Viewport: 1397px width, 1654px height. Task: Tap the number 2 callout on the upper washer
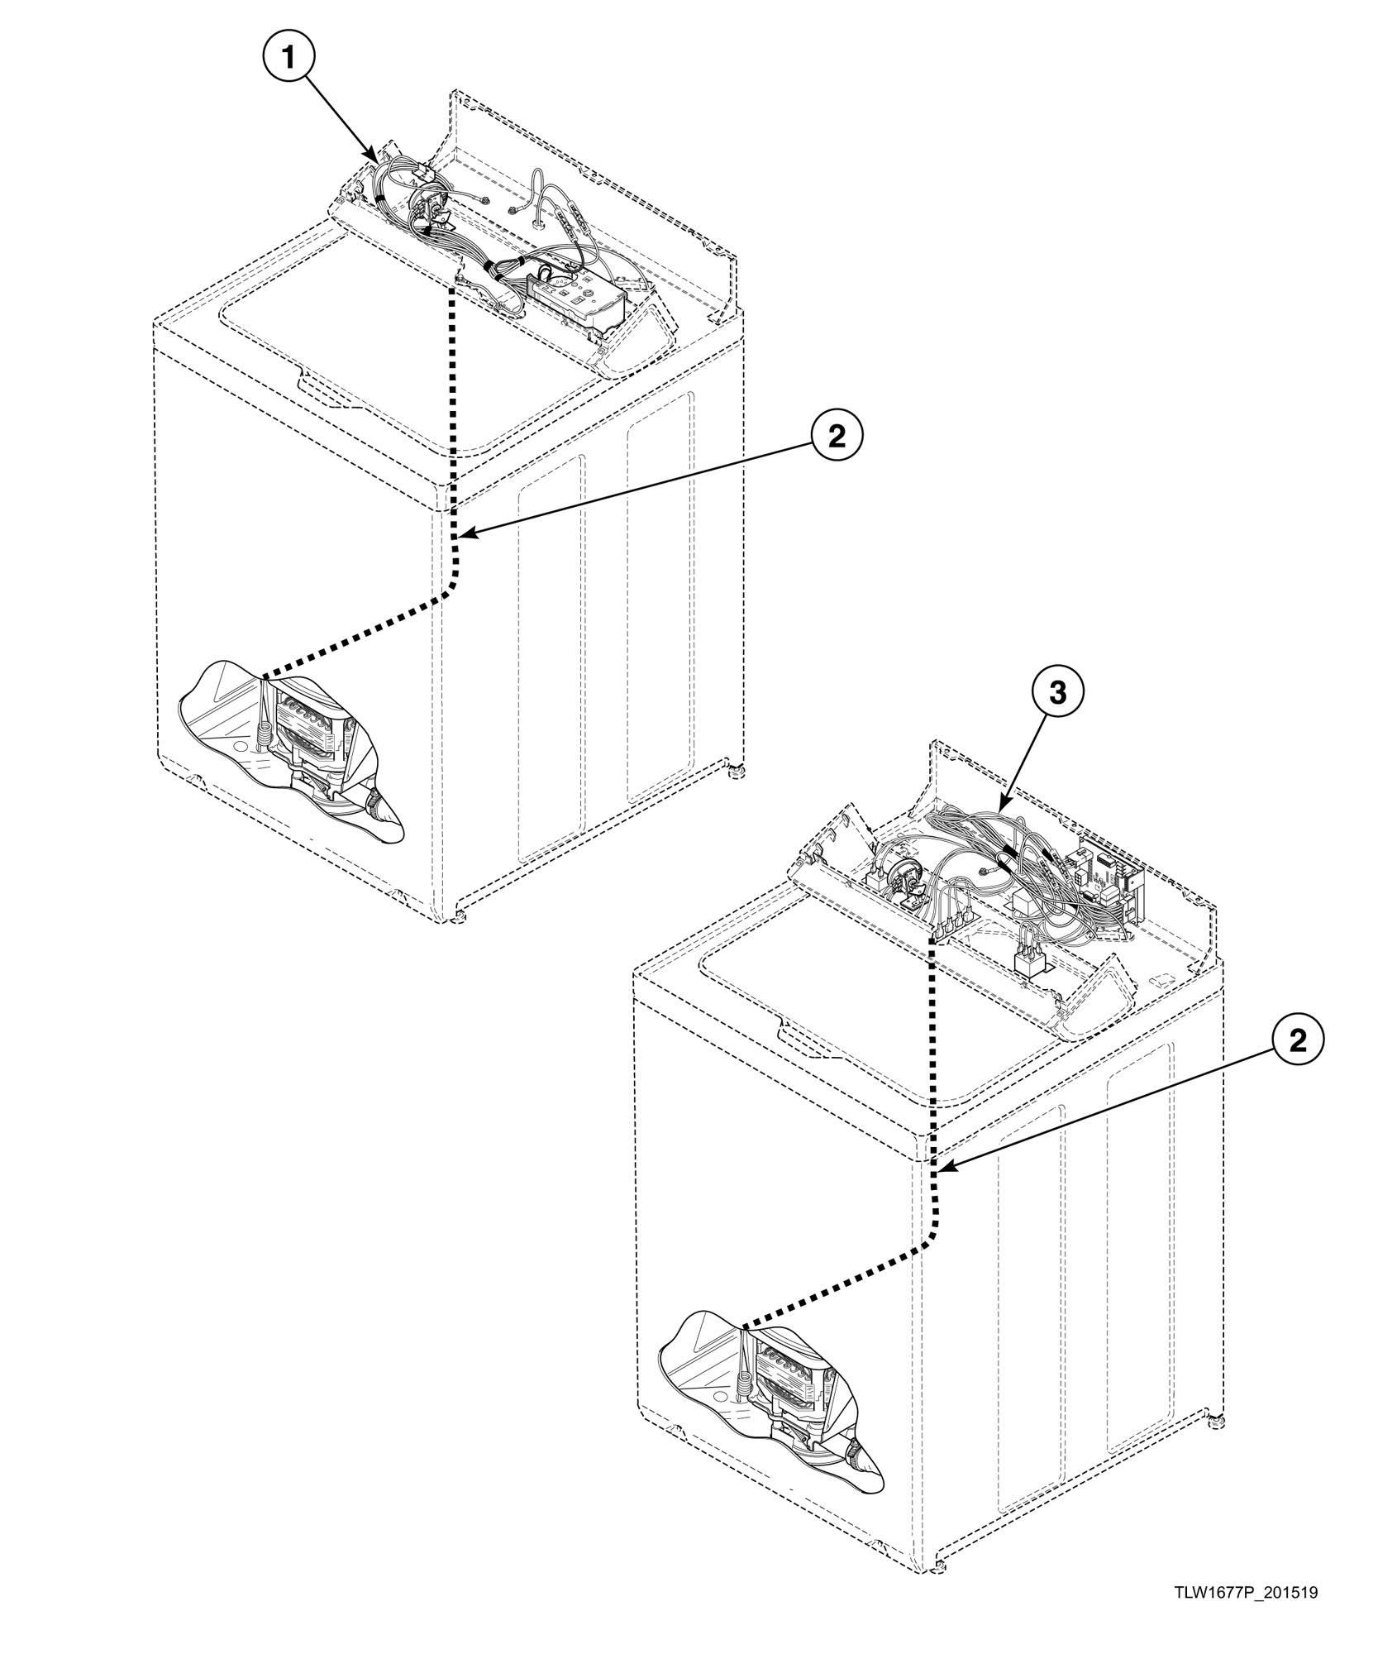coord(836,437)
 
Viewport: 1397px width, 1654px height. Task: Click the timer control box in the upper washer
coord(574,301)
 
